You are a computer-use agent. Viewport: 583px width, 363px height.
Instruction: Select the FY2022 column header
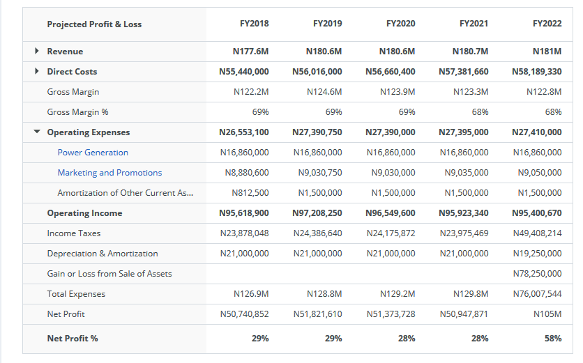pos(547,24)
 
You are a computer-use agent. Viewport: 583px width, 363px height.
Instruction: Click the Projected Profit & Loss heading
pos(94,24)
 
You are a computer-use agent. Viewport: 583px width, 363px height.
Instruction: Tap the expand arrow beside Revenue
pos(37,52)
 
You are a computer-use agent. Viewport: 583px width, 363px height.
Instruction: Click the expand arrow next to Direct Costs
pos(37,72)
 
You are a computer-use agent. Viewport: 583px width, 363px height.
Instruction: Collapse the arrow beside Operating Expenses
pos(37,132)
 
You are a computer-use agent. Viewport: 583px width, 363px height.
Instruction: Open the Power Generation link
pos(93,153)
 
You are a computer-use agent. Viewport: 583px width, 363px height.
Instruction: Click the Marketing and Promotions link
pos(109,173)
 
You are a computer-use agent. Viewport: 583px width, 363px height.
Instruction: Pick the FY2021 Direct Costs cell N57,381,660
pos(463,72)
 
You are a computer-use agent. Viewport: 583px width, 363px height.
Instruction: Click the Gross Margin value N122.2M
pos(251,92)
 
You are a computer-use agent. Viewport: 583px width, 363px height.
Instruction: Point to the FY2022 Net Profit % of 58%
pos(552,339)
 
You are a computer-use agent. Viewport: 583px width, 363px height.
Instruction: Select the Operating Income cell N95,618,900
pos(243,213)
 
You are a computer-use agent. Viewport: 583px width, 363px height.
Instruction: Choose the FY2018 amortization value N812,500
pos(250,193)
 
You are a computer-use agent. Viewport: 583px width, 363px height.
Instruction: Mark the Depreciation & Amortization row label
pos(103,254)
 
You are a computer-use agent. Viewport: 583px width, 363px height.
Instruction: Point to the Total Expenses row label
pos(76,294)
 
